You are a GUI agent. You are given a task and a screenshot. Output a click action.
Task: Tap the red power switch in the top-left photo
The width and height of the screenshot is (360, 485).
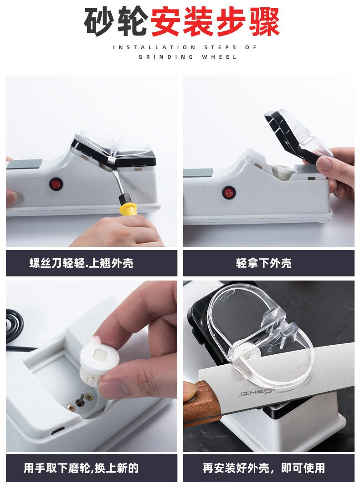click(x=56, y=184)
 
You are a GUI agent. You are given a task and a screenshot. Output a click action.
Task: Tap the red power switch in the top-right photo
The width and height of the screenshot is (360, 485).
click(x=229, y=192)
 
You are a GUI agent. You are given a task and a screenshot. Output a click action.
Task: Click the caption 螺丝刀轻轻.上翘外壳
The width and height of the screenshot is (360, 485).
click(x=81, y=263)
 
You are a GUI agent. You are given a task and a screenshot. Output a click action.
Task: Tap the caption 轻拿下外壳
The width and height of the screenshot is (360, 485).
click(x=264, y=263)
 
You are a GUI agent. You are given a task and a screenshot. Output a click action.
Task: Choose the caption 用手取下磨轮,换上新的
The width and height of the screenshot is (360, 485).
click(x=81, y=468)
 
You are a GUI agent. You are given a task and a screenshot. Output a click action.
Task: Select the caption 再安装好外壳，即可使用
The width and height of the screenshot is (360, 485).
click(x=264, y=468)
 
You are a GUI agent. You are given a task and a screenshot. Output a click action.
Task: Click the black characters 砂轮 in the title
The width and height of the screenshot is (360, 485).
click(x=116, y=22)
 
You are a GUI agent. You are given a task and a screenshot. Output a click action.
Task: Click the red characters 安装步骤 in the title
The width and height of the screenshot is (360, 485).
click(x=215, y=22)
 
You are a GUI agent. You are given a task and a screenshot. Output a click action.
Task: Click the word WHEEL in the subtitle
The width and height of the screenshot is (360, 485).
click(x=220, y=57)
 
